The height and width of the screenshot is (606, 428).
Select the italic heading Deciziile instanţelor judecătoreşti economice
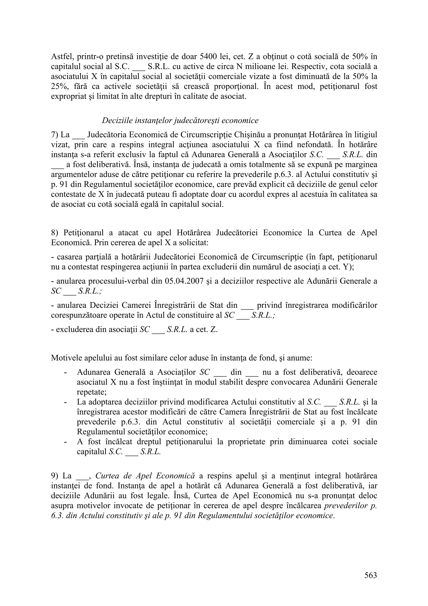pyautogui.click(x=180, y=120)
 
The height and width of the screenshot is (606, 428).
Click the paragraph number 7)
pyautogui.click(x=55, y=135)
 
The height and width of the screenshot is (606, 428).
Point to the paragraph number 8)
pyautogui.click(x=55, y=233)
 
